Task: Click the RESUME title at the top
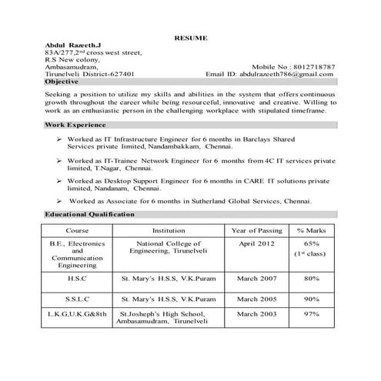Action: point(190,38)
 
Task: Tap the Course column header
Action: point(77,230)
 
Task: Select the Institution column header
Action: point(168,230)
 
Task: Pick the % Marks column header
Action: point(312,230)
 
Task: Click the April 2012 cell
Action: point(256,243)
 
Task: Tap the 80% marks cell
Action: point(312,278)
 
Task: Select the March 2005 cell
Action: point(256,298)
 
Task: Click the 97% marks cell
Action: point(312,314)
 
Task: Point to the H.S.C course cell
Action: point(77,279)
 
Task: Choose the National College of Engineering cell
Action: point(168,247)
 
